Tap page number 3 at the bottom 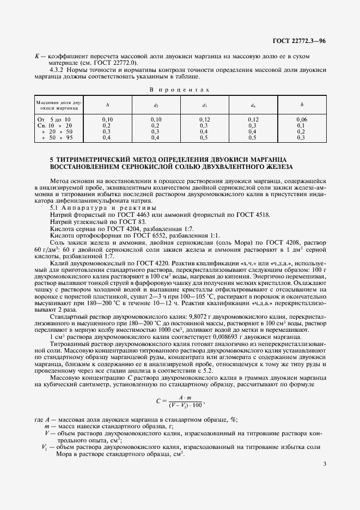click(324, 464)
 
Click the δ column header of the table click(301, 104)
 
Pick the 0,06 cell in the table click(301, 118)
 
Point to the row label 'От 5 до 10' click(53, 118)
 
